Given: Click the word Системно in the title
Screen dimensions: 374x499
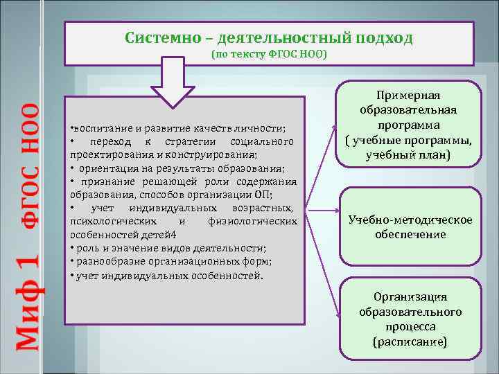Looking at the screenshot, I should click(x=155, y=37).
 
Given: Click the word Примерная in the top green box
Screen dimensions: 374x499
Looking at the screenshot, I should click(x=408, y=96).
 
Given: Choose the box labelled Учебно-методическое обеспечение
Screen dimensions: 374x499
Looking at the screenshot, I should click(x=411, y=227).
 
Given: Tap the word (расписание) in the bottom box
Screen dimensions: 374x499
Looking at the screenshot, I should click(x=410, y=341).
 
